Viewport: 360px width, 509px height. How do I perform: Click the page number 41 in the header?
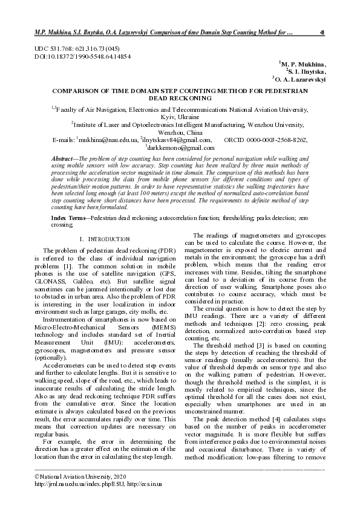click(x=322, y=32)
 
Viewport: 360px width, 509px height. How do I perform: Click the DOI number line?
click(x=82, y=56)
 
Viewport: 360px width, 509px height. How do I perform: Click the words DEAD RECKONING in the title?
click(x=179, y=97)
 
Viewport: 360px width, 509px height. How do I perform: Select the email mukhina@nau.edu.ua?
click(x=108, y=140)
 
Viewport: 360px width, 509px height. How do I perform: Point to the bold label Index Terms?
click(x=67, y=216)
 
